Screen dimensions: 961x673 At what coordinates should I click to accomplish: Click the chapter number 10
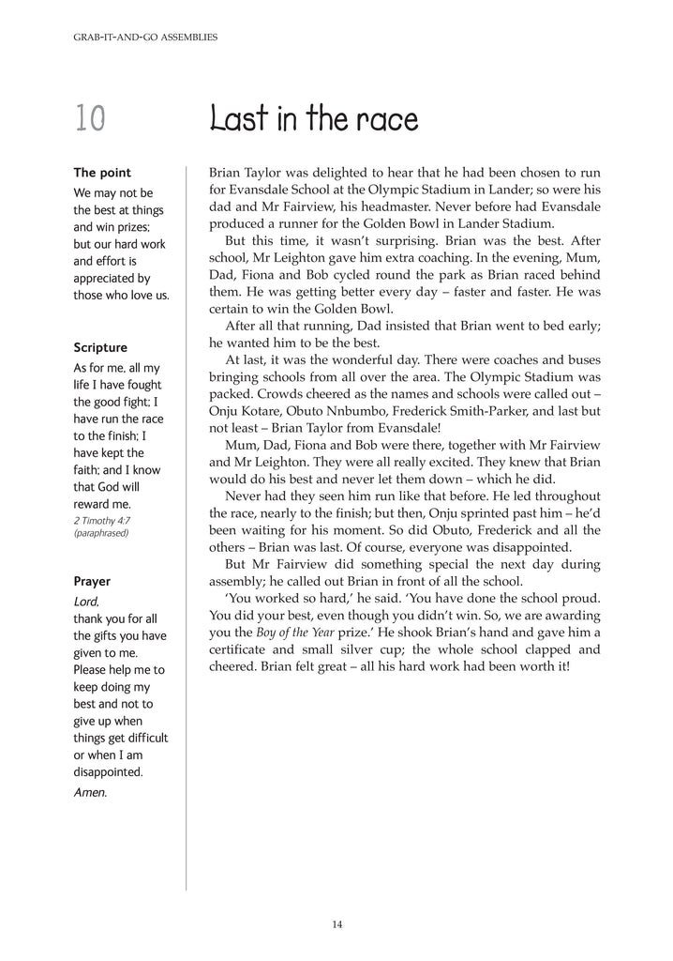tap(90, 119)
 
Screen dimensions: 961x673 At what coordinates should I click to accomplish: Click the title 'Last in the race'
tap(314, 119)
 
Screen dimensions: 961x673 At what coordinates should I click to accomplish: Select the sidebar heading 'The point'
tap(102, 173)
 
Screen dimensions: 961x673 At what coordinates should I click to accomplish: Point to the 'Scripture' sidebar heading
tap(100, 347)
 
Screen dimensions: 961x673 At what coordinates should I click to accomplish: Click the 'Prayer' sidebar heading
tap(92, 580)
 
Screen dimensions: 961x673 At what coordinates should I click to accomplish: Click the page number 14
tap(336, 924)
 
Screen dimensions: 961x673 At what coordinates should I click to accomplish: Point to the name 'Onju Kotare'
tap(247, 409)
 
